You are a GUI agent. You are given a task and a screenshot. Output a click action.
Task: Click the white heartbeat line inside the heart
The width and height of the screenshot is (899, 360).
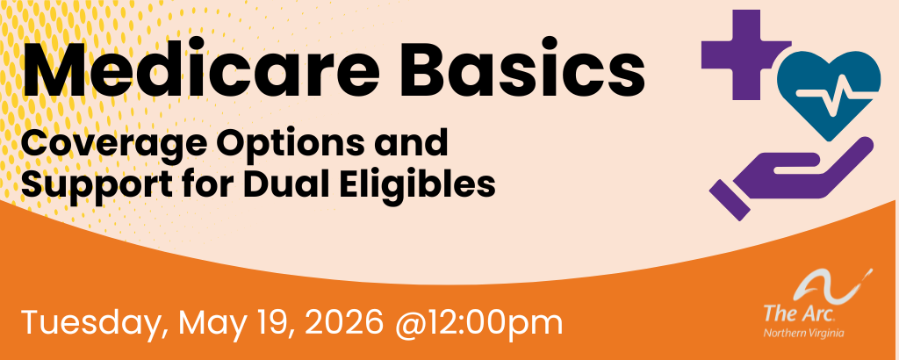[830, 96]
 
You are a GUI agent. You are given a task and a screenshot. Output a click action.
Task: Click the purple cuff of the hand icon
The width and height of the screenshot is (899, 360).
[730, 200]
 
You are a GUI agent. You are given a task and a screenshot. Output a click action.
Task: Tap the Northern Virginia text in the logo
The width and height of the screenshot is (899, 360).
[804, 333]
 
